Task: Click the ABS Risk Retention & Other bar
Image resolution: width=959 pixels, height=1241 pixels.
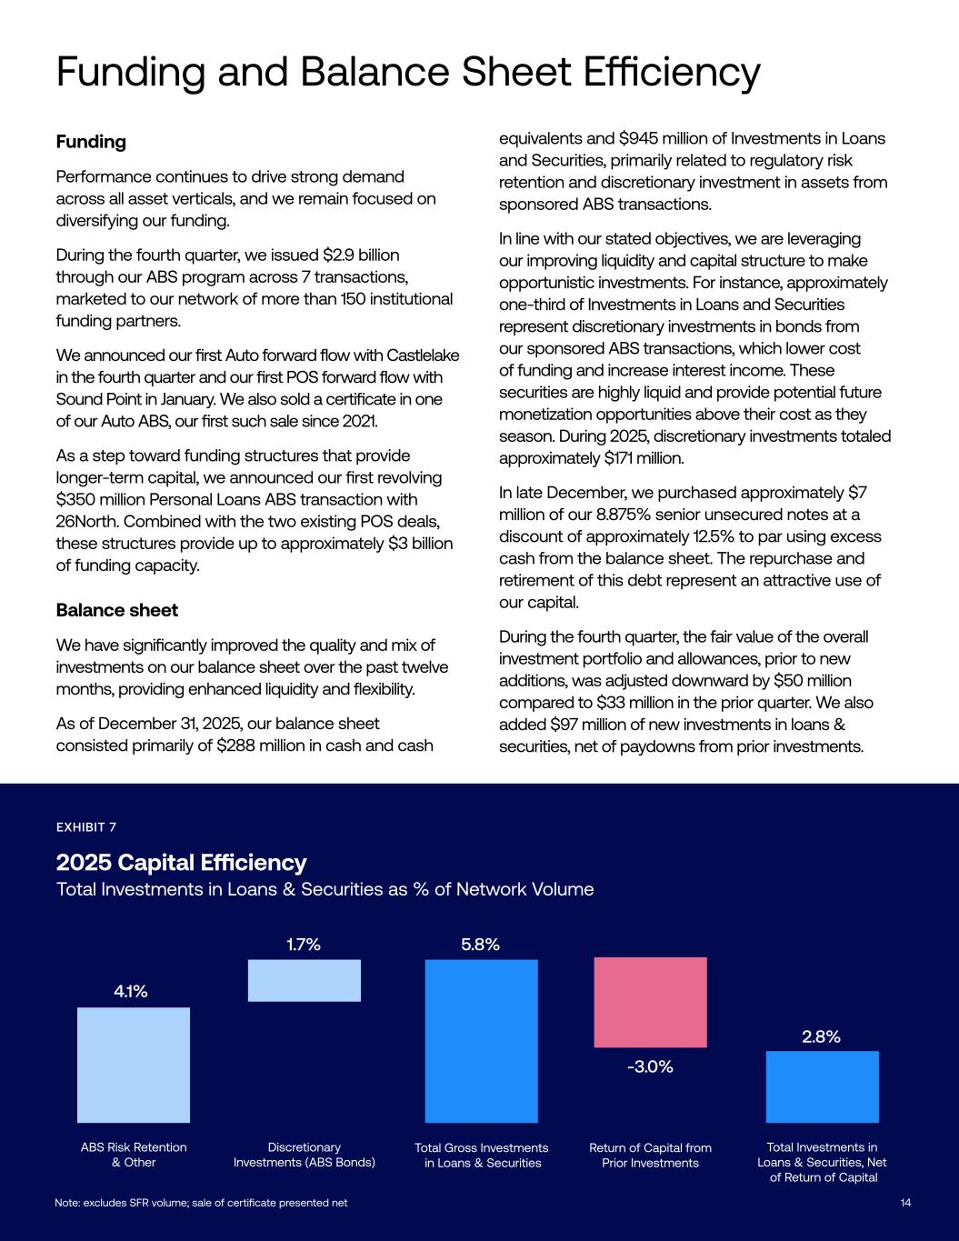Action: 134,1064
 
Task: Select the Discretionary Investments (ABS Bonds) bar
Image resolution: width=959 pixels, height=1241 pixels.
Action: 305,980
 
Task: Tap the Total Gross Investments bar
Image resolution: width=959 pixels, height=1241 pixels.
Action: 481,1041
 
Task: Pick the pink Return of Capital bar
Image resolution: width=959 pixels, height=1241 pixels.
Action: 650,1002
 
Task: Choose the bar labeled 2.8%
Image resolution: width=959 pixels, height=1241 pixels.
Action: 822,1086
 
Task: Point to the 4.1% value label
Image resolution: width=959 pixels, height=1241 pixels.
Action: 131,992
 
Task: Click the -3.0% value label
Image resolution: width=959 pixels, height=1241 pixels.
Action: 650,1066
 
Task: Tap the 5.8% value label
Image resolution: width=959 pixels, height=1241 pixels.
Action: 480,945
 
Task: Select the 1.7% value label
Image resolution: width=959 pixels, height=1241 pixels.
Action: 304,945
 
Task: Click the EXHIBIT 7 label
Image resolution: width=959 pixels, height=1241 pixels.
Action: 86,826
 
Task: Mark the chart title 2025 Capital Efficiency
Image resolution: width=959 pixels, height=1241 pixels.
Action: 181,862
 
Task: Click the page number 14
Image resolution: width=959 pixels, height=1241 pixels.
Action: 905,1203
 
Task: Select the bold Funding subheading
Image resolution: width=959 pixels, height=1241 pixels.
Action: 91,142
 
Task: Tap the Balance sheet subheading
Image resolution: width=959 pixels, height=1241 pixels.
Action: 116,609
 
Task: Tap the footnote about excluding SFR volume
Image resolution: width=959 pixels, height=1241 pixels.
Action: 201,1203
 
